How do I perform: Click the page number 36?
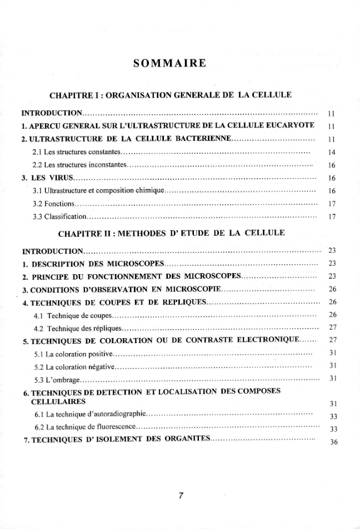click(x=334, y=442)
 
